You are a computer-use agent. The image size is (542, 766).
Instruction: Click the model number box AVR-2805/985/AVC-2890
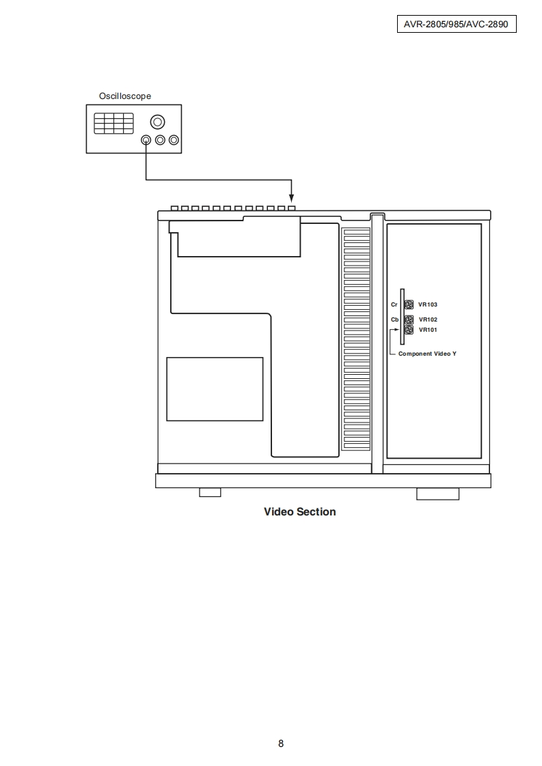click(457, 24)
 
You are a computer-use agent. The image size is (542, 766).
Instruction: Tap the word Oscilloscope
click(125, 96)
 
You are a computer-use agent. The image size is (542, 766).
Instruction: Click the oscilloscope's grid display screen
click(114, 123)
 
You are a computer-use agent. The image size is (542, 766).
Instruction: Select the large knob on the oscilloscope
click(157, 122)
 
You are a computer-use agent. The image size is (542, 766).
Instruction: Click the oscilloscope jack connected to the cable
click(146, 140)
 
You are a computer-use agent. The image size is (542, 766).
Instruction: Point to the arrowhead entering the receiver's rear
click(292, 199)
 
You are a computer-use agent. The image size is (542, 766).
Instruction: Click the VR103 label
click(428, 305)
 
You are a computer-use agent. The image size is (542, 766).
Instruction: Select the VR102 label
click(428, 320)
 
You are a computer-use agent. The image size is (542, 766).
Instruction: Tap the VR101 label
click(428, 330)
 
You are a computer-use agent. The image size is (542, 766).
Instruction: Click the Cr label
click(394, 305)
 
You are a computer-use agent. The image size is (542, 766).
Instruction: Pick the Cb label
click(395, 320)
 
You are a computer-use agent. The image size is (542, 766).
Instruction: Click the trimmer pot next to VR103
click(409, 305)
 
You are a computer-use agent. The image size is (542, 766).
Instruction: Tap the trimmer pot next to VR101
click(409, 330)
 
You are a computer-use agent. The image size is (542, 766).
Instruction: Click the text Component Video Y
click(428, 354)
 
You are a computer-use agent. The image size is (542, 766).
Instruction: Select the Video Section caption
click(300, 512)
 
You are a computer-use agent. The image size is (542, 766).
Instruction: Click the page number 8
click(281, 743)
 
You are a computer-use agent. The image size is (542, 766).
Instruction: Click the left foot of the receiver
click(210, 492)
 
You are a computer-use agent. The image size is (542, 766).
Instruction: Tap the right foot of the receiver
click(438, 494)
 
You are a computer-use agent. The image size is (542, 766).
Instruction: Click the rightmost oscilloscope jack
click(174, 140)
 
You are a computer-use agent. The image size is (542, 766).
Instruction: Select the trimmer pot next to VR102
click(409, 320)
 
